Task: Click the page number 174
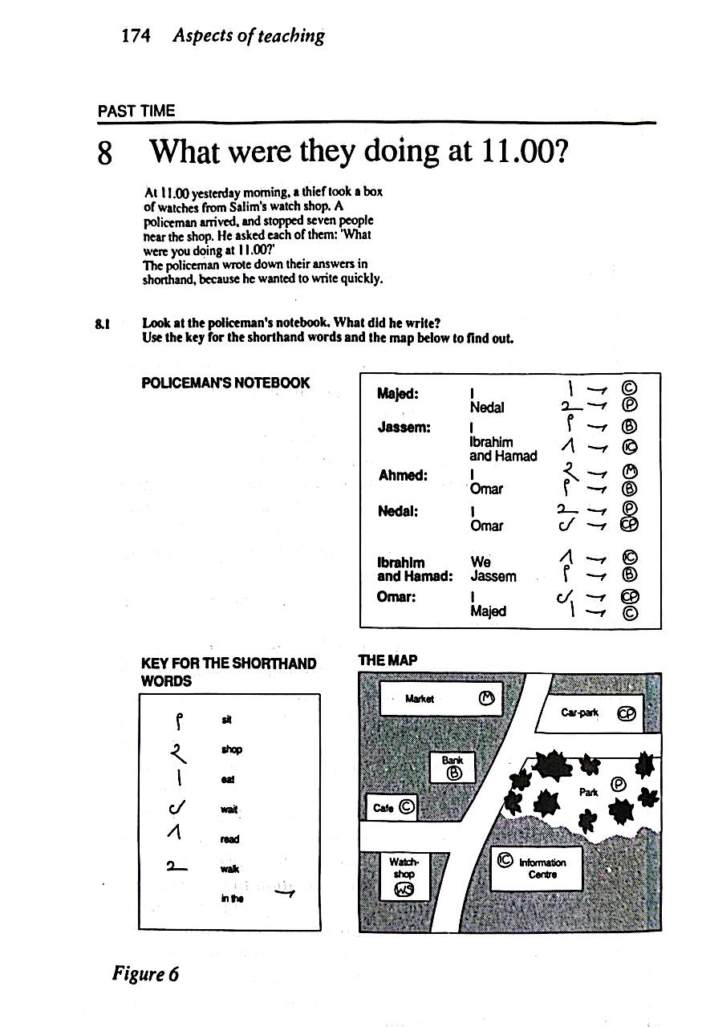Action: [135, 36]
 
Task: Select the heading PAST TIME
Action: [136, 111]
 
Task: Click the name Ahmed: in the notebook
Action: [402, 475]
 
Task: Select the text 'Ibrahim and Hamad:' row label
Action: [415, 569]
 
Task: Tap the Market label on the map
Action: [420, 699]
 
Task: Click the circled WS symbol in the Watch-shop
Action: [401, 890]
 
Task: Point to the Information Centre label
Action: [542, 868]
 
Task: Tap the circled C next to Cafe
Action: [406, 807]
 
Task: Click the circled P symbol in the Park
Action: [618, 784]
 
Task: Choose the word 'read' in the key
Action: [229, 839]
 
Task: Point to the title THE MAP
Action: [388, 660]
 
